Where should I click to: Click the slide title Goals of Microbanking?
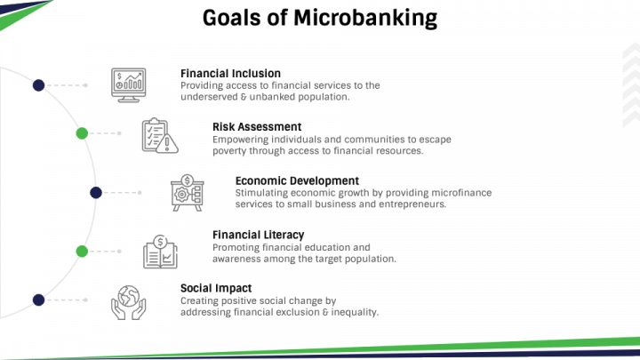pyautogui.click(x=320, y=18)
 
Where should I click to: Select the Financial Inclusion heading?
pyautogui.click(x=230, y=74)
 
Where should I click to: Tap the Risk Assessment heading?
pyautogui.click(x=256, y=127)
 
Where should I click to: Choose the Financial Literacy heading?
pyautogui.click(x=258, y=235)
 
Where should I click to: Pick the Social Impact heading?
pyautogui.click(x=215, y=288)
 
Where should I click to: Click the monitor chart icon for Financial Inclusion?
pyautogui.click(x=128, y=84)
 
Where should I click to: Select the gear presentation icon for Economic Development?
pyautogui.click(x=188, y=192)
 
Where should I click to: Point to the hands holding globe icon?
pyautogui.click(x=128, y=300)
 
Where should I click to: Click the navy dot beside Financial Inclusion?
pyautogui.click(x=38, y=85)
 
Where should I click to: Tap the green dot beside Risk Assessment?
pyautogui.click(x=82, y=133)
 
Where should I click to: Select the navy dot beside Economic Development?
pyautogui.click(x=96, y=192)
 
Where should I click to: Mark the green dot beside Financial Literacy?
pyautogui.click(x=82, y=251)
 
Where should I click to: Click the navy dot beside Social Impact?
pyautogui.click(x=38, y=300)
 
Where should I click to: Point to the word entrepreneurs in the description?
pyautogui.click(x=405, y=204)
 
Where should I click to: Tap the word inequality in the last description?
pyautogui.click(x=354, y=312)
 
